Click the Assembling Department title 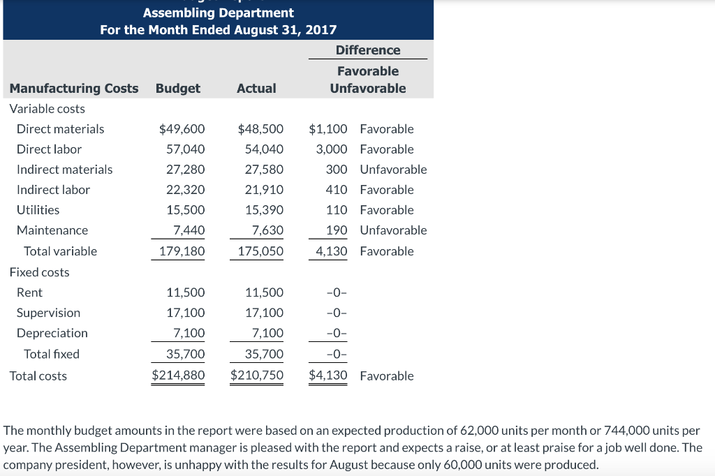point(218,13)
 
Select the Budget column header point(177,89)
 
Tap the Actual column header point(256,89)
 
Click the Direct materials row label point(60,129)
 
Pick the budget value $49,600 point(182,129)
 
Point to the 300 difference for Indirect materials point(337,170)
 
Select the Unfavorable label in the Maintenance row point(393,230)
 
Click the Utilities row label point(38,210)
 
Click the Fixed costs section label point(39,272)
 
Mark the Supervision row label point(48,313)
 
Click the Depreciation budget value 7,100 point(189,333)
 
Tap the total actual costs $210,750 point(257,375)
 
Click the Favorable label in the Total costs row point(387,376)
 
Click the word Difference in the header point(368,50)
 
